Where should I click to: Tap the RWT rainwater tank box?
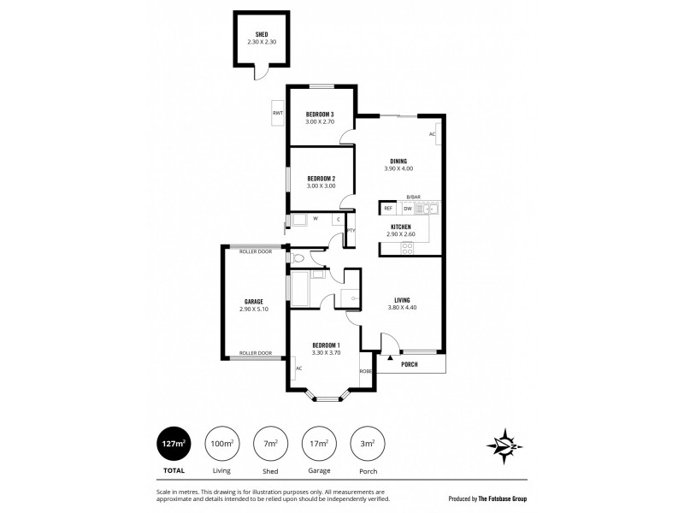click(277, 114)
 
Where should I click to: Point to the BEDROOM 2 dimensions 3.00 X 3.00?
click(321, 186)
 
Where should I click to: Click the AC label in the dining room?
click(432, 135)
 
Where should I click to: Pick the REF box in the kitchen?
click(387, 209)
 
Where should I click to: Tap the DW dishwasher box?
click(408, 209)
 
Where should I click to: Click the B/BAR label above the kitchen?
click(414, 198)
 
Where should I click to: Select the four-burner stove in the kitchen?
click(408, 248)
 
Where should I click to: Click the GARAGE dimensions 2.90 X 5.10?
click(254, 309)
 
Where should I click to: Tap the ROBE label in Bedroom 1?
click(365, 371)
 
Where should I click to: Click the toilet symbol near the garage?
click(297, 257)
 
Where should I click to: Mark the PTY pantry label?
click(351, 231)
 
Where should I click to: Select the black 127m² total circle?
click(174, 443)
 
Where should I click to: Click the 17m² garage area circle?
click(318, 443)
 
